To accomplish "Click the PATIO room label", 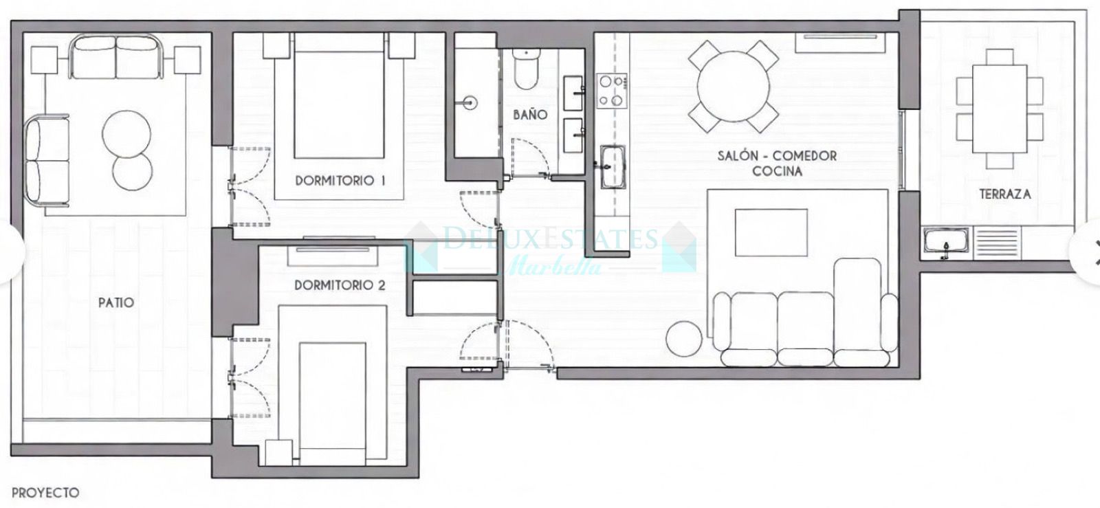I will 115,302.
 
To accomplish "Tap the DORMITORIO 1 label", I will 340,181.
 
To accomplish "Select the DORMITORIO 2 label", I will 340,285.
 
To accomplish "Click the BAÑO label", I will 530,114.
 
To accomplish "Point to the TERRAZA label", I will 1004,195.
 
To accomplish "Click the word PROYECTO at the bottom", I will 45,493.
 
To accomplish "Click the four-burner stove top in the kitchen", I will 612,91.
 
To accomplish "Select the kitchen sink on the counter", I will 610,166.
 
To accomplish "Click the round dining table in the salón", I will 734,87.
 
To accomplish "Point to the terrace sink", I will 946,243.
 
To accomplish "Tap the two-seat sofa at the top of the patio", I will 115,58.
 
